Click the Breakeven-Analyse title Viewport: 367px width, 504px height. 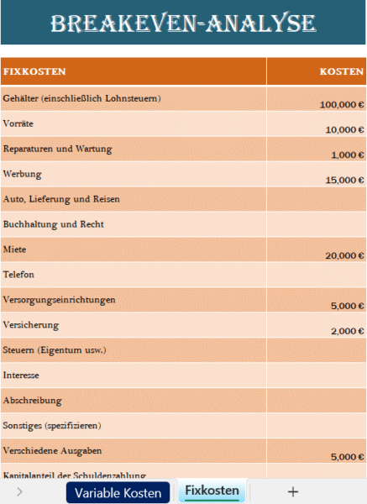pos(183,23)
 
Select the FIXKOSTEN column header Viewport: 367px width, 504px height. pos(34,71)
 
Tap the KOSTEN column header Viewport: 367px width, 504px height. pos(341,71)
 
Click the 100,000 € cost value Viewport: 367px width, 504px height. pos(341,105)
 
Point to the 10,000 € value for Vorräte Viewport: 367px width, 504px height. pos(344,130)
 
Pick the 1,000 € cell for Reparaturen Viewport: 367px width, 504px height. pos(347,155)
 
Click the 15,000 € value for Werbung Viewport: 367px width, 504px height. pos(344,181)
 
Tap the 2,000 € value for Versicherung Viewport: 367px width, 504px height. pos(347,332)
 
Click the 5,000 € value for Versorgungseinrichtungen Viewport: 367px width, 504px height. pos(347,307)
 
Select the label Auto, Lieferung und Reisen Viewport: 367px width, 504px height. pos(61,199)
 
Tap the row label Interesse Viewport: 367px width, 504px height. pos(21,375)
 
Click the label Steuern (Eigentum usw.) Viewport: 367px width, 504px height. pos(55,349)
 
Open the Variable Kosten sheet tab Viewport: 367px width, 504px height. pos(118,492)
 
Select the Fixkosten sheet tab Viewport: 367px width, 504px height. pos(212,491)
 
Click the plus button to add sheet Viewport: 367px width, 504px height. pos(292,492)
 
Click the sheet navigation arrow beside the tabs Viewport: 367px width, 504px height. pos(19,492)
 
